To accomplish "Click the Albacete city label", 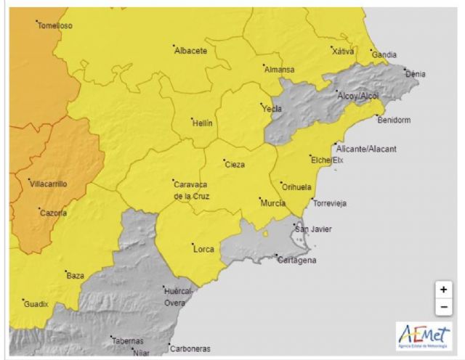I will coord(191,51).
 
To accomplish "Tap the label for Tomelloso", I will coord(55,25).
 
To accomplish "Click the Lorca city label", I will coord(204,249).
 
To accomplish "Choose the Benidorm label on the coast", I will coord(395,120).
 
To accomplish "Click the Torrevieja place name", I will coord(330,203).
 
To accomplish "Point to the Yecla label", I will coord(272,109).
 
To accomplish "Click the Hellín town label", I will coord(202,123).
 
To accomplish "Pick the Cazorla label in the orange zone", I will coord(52,213).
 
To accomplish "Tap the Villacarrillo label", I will coord(48,184).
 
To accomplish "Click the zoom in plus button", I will coord(443,289).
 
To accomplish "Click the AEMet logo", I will coord(424,335).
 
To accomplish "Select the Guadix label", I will coord(36,304).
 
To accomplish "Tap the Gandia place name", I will coord(384,54).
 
